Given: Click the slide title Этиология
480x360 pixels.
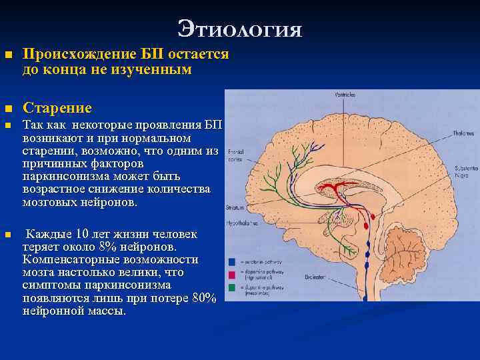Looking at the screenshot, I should click(240, 29).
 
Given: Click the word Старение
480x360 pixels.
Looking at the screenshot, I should click(57, 108).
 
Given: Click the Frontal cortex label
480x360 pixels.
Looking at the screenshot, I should click(236, 155).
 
